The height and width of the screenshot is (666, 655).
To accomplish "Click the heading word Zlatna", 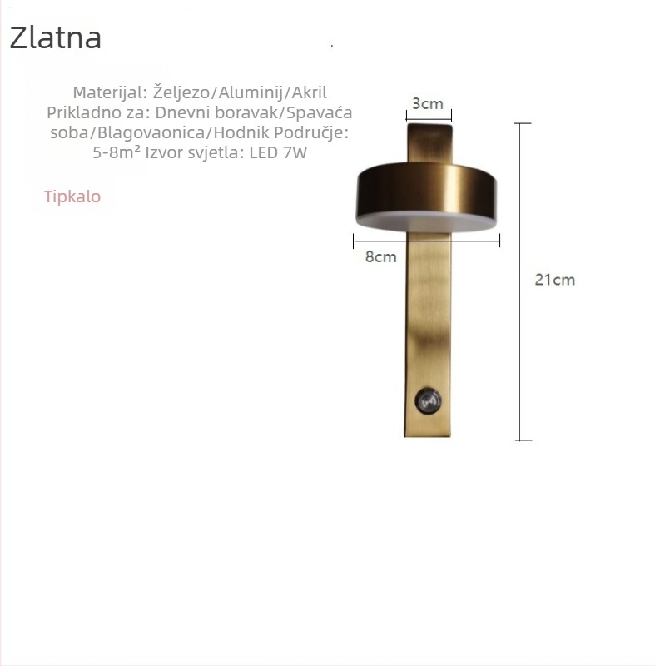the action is pyautogui.click(x=55, y=37).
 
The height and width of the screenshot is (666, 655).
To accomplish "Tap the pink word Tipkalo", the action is pyautogui.click(x=72, y=196).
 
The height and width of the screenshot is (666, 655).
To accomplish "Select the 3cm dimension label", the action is pyautogui.click(x=428, y=103).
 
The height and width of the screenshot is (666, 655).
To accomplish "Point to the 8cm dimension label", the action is pyautogui.click(x=381, y=256).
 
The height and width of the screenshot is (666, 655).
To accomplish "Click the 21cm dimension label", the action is pyautogui.click(x=555, y=280).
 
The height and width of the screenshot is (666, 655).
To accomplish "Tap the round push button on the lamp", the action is pyautogui.click(x=428, y=400).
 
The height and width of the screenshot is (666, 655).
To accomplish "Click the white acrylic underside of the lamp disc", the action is pyautogui.click(x=426, y=221).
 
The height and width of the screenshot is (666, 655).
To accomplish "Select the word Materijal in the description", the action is pyautogui.click(x=111, y=92).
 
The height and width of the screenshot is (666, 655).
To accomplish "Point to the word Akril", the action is pyautogui.click(x=309, y=92).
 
